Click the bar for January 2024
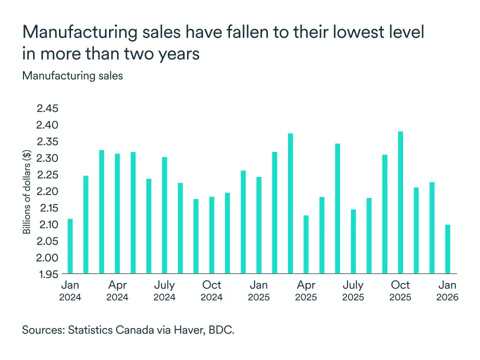click(x=70, y=246)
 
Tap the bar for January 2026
click(x=447, y=249)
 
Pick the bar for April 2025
click(x=306, y=244)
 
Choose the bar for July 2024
click(x=164, y=215)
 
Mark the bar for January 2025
click(x=259, y=225)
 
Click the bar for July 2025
click(x=353, y=241)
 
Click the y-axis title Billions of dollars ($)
click(x=27, y=191)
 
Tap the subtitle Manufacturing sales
click(x=72, y=76)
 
